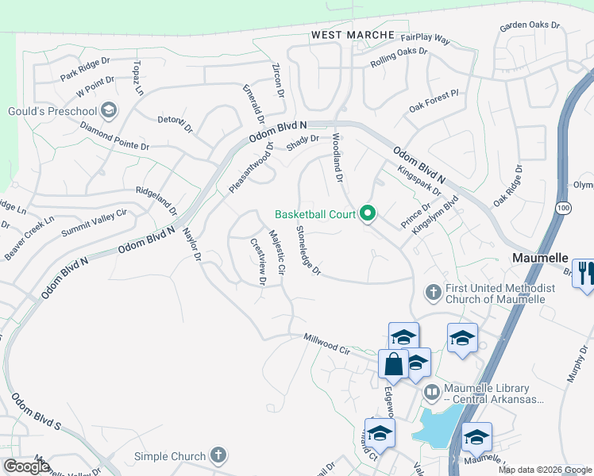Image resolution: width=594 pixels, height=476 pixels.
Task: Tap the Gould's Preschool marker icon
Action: [x=109, y=110]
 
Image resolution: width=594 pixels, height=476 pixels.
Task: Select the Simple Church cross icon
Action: [x=218, y=456]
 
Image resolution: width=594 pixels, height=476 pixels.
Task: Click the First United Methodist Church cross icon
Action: [x=434, y=293]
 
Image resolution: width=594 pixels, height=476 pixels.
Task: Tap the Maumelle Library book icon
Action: [x=431, y=391]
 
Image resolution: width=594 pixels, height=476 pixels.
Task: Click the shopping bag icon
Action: [x=394, y=365]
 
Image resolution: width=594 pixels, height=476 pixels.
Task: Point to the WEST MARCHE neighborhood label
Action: [x=353, y=35]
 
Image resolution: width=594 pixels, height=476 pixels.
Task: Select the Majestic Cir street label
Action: [x=276, y=252]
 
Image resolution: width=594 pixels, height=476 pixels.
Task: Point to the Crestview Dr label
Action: [x=258, y=262]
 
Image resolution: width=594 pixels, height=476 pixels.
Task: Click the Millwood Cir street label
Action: [x=327, y=344]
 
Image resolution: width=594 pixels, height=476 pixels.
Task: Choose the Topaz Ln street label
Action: [x=139, y=78]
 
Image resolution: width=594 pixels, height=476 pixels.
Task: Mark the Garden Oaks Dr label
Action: [x=530, y=26]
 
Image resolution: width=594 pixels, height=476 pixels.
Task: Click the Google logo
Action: [x=26, y=466]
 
